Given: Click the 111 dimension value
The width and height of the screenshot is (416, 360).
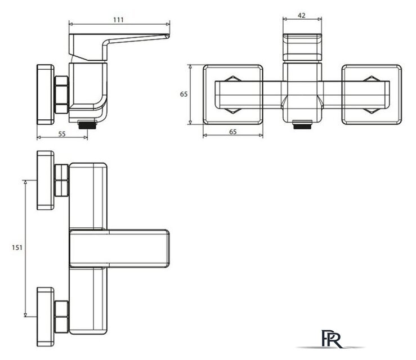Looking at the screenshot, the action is (118, 20).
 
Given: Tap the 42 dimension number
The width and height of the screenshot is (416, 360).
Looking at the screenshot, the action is (301, 16).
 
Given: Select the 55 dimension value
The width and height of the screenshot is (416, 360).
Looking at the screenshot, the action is (62, 134).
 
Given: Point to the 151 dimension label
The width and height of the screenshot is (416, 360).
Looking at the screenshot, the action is (17, 247).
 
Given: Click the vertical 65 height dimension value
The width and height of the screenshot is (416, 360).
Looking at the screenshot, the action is (184, 94).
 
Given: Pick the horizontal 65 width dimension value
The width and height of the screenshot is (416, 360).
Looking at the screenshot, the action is (232, 132).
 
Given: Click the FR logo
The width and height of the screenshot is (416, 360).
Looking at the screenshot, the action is (332, 339).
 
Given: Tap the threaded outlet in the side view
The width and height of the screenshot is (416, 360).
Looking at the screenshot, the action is (87, 125).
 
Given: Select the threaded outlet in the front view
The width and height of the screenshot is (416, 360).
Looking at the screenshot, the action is (302, 125).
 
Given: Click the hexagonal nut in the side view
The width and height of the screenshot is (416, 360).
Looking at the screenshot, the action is (61, 95).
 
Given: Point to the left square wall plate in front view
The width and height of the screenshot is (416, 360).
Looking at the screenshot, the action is (233, 94).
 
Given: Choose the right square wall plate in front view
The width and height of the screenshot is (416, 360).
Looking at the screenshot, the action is (372, 94).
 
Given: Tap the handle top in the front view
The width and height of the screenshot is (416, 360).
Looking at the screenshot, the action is (302, 47).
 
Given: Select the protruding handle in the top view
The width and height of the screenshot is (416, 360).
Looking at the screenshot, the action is (119, 249).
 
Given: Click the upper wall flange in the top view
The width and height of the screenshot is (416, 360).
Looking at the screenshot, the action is (46, 180).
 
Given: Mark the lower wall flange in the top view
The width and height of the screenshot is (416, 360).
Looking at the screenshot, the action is (46, 317).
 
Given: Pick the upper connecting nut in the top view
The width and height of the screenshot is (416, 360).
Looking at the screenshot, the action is (61, 180).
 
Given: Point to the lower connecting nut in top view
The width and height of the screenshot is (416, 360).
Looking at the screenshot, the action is (61, 317).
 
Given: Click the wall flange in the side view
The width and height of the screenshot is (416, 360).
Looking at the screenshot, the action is (46, 94).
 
